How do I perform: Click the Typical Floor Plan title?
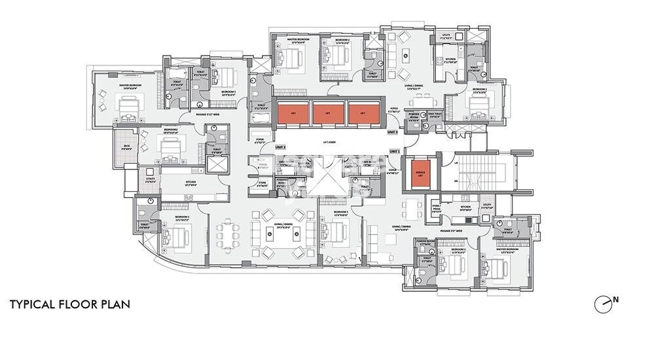coord(69,304)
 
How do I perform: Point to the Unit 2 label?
coord(281,147)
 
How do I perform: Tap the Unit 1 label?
coord(394,151)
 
